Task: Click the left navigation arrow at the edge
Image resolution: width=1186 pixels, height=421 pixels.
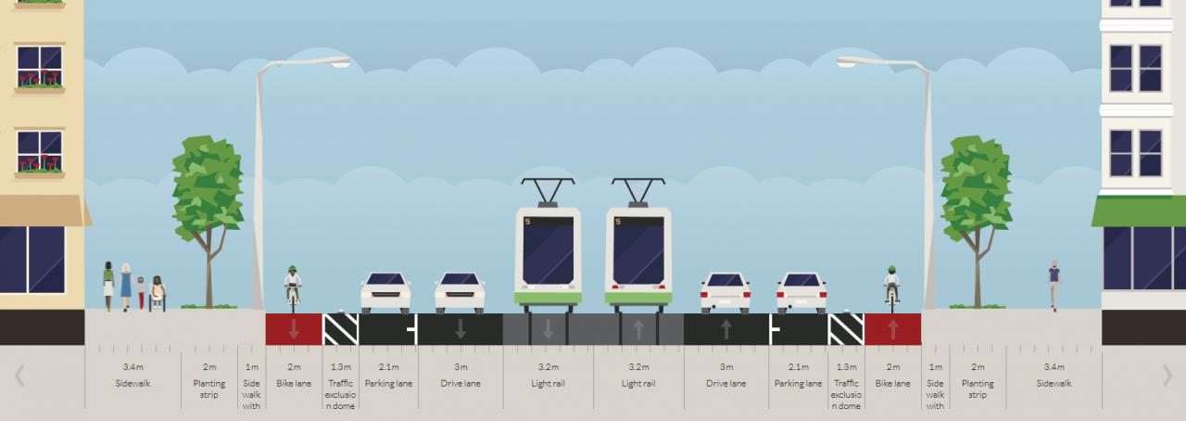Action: point(19,376)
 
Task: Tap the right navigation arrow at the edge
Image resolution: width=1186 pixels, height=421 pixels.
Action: point(1167,376)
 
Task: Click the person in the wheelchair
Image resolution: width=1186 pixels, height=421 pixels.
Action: point(158,293)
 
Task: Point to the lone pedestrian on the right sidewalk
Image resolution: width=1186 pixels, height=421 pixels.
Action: point(1054,286)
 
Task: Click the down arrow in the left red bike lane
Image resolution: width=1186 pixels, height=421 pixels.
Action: point(294,329)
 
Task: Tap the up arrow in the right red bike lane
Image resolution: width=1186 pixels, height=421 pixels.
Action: point(893,329)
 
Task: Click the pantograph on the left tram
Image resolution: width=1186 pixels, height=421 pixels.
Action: point(548,192)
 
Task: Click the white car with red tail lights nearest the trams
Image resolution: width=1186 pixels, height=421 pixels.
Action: point(725,293)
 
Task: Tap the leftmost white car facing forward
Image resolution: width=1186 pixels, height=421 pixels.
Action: point(386,293)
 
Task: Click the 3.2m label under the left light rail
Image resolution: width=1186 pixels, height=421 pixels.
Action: point(549,367)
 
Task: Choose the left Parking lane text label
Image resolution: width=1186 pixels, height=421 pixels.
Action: point(388,383)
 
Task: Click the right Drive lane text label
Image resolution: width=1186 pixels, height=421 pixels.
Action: point(725,383)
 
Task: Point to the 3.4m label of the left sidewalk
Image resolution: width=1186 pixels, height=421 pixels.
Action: point(132,367)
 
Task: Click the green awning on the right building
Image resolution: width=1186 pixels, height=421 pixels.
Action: point(1139,211)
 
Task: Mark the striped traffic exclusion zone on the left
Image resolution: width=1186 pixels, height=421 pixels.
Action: point(340,329)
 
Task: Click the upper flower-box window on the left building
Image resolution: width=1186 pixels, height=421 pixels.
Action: point(40,67)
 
